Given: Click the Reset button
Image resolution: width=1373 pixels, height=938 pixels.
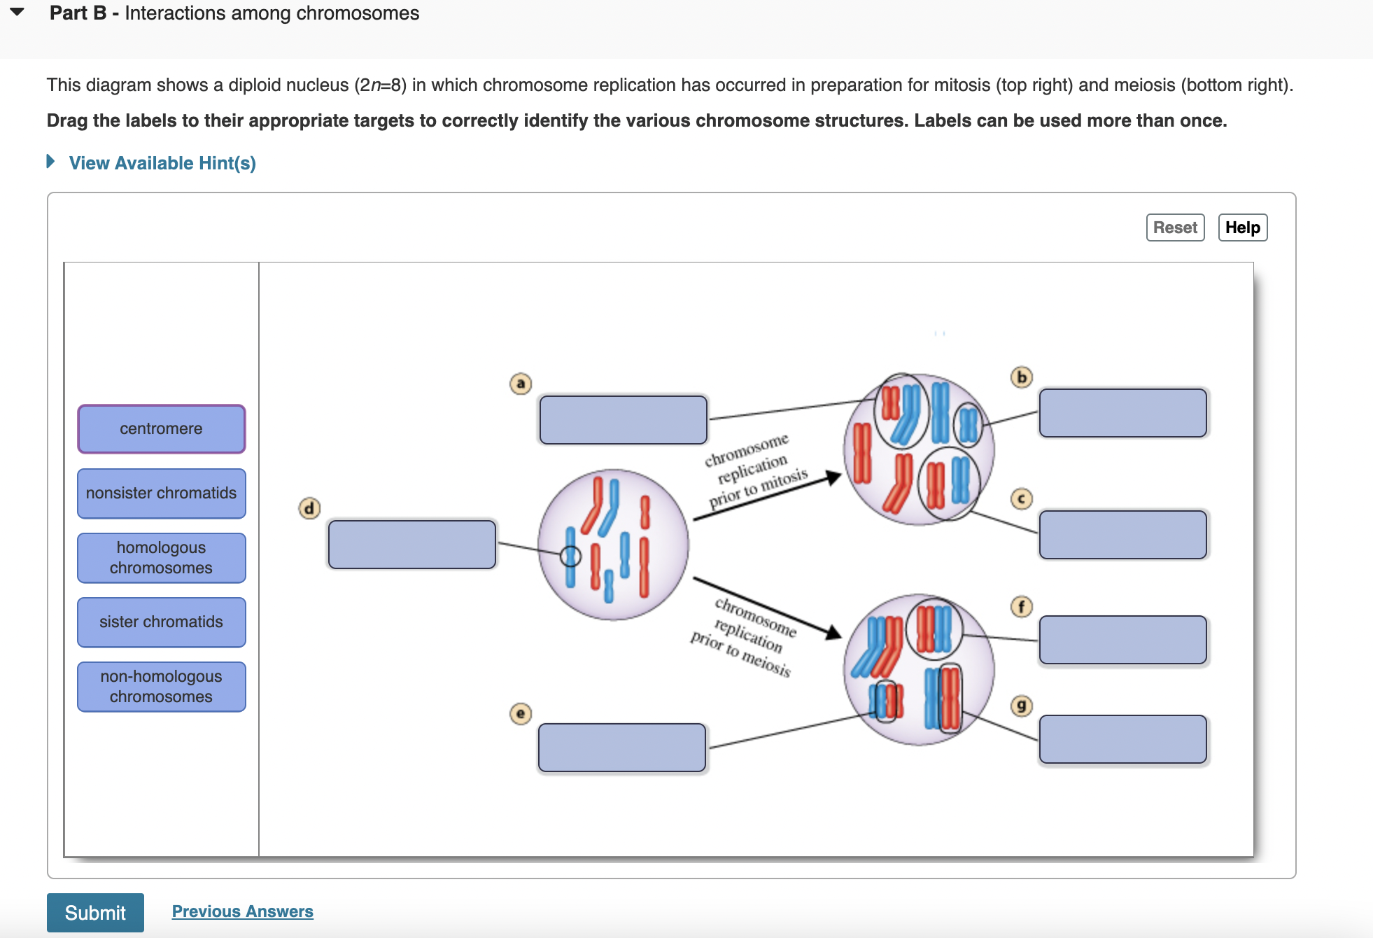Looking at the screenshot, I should (1175, 227).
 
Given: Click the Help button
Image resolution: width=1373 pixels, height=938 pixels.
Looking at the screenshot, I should (1242, 227).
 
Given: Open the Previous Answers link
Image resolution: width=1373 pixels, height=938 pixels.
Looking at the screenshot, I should (242, 911).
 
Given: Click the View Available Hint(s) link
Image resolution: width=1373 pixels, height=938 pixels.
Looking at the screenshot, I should (162, 163).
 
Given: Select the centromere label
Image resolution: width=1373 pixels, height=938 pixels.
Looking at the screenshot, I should (161, 428).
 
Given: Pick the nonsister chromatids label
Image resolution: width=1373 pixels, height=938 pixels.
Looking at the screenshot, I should (161, 493).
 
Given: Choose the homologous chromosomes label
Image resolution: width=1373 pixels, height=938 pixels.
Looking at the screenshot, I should (161, 557).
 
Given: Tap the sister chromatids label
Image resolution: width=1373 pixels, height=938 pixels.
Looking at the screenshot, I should (161, 622).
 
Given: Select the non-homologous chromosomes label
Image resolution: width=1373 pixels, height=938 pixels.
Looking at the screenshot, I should (161, 686).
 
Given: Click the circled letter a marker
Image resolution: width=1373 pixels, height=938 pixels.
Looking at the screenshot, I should (520, 384).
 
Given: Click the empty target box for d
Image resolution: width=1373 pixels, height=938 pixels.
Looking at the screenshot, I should (412, 544).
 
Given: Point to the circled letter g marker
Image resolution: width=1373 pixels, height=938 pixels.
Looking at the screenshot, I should (1022, 706).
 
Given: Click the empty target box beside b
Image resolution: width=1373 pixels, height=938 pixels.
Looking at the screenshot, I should (1122, 413).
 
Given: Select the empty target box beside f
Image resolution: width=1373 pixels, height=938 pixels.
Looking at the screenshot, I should (1122, 640).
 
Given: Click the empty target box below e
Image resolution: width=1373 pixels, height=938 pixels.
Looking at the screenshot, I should (621, 748).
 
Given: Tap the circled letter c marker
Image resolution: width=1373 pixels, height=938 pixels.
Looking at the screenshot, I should (1022, 498).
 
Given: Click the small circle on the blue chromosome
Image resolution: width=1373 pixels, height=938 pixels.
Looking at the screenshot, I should (570, 556).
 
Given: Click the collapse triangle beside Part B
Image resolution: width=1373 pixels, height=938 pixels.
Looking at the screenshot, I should (17, 12).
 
